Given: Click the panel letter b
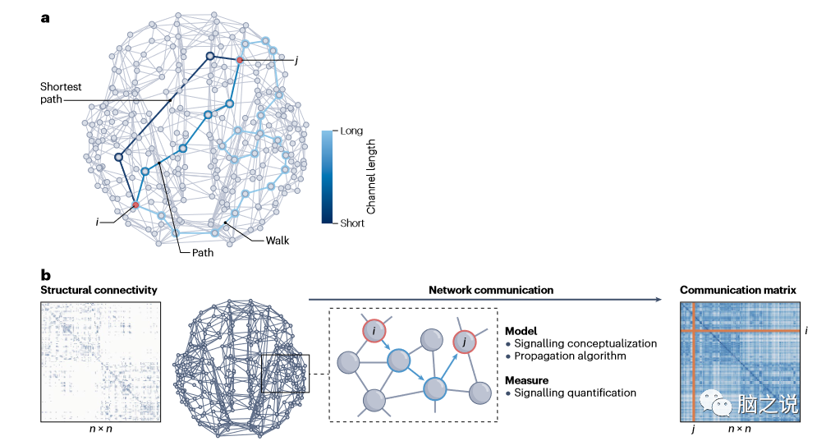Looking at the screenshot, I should [x=46, y=275].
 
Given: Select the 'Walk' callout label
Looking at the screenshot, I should [x=277, y=241].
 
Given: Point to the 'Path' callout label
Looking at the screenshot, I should [x=202, y=253].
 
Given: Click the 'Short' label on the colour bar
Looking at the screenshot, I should [x=353, y=223].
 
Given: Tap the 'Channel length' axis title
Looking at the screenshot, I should [x=371, y=177].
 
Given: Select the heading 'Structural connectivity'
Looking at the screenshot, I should [x=99, y=291].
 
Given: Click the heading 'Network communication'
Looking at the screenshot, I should [x=491, y=291].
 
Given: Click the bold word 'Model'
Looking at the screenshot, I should [x=522, y=329].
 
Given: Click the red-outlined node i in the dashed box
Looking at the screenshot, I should [x=374, y=331].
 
